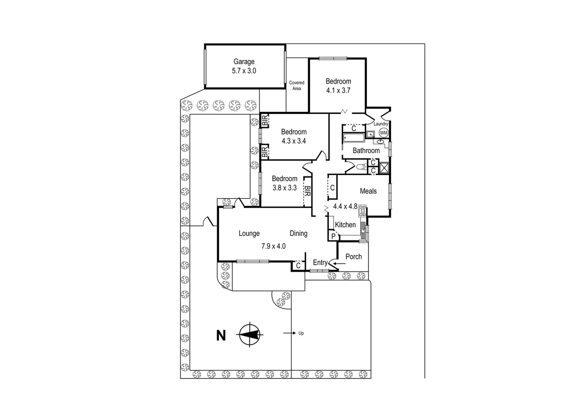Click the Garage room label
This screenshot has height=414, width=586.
click(x=244, y=62)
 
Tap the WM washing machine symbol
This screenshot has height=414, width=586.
click(x=384, y=133)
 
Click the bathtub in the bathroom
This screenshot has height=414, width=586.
click(x=353, y=138)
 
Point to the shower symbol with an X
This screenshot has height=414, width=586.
click(x=384, y=168)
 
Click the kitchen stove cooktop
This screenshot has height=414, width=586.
click(x=362, y=210)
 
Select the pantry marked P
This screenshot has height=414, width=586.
click(x=333, y=236)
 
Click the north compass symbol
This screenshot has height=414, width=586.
click(x=250, y=334)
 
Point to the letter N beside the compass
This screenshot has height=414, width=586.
click(x=221, y=336)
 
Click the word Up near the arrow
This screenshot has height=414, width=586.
click(x=301, y=333)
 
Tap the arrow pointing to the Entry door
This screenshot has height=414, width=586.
click(x=339, y=264)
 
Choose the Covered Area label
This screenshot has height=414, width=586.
click(x=296, y=85)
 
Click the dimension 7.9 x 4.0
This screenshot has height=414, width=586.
click(x=273, y=246)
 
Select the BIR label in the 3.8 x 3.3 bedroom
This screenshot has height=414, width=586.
click(x=307, y=191)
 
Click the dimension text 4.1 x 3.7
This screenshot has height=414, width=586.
click(x=338, y=91)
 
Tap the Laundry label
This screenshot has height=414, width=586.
click(x=381, y=124)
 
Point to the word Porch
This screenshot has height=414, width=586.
click(x=354, y=257)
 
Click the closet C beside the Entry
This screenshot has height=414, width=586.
click(x=298, y=265)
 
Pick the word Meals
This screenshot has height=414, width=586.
click(x=368, y=191)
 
